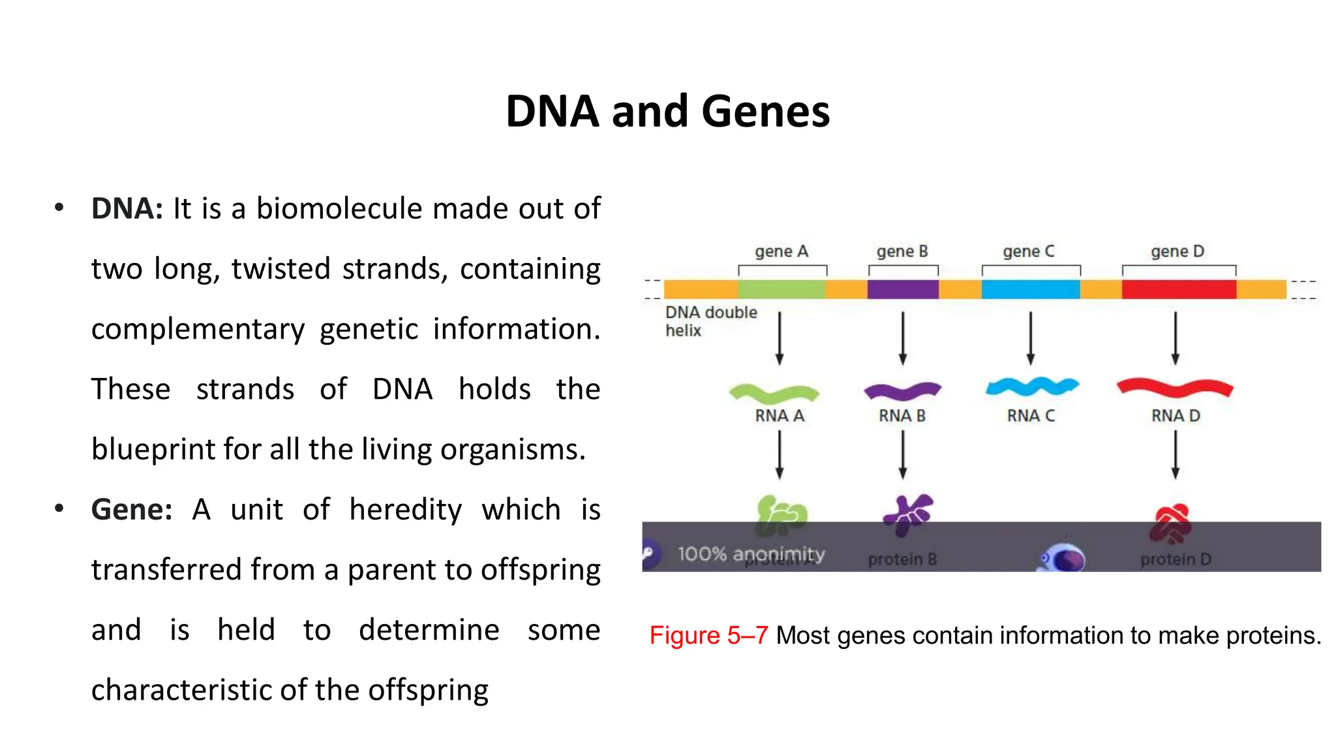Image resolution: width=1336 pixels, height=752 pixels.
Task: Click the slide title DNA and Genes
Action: [667, 111]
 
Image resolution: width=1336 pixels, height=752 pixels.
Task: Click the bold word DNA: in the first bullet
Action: [127, 209]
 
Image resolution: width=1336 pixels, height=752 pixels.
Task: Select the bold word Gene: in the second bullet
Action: [131, 510]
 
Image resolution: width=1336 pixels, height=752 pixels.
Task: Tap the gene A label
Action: [781, 251]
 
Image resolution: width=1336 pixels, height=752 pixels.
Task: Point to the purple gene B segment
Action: [903, 289]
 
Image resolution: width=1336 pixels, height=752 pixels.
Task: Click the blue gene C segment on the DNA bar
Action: [1030, 289]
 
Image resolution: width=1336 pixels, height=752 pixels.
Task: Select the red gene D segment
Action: [1178, 289]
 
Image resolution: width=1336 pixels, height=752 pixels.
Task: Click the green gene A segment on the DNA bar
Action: [782, 289]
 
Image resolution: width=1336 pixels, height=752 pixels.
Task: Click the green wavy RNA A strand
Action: [774, 394]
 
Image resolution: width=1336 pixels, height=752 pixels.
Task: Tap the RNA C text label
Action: [1030, 416]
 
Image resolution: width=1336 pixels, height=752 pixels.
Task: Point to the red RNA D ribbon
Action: [1175, 388]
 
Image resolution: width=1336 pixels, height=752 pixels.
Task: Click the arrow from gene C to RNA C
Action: [1030, 337]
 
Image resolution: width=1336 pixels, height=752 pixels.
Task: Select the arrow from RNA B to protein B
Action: [903, 455]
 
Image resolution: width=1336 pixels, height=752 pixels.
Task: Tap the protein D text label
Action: [1175, 559]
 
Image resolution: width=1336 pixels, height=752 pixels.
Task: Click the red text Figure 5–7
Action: [708, 635]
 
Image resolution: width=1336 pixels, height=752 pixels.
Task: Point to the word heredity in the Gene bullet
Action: [405, 510]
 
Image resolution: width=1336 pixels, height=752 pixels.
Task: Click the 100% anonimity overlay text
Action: [750, 554]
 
